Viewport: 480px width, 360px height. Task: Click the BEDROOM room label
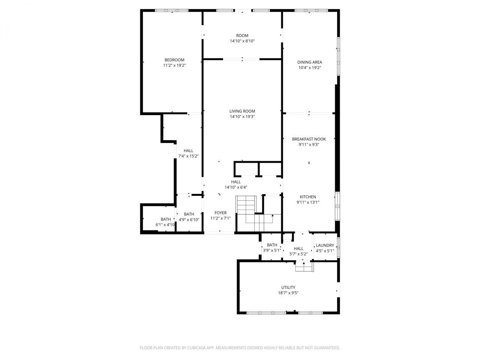tap(174, 60)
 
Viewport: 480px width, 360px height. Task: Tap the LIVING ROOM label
tap(242, 111)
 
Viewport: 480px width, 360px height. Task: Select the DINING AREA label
tap(309, 62)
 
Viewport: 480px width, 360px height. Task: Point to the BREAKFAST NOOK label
tap(309, 139)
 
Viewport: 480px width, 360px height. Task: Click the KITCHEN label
tap(307, 197)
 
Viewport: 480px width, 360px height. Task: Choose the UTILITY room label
tap(288, 287)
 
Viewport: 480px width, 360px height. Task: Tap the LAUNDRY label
tap(325, 245)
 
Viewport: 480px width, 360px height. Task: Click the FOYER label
tap(220, 213)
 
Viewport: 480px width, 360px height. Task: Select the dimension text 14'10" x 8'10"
tap(242, 41)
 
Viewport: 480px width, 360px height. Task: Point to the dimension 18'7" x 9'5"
tap(288, 293)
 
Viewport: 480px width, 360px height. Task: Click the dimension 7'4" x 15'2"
tap(188, 156)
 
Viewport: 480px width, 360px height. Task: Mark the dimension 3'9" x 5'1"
tap(272, 250)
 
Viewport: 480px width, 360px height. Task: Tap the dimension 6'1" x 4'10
tap(165, 225)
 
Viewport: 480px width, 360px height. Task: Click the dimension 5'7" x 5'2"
tap(298, 254)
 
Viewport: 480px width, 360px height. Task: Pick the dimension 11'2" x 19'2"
tap(174, 65)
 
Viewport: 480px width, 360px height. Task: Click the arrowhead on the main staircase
tap(273, 216)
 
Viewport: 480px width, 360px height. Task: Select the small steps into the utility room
tap(304, 267)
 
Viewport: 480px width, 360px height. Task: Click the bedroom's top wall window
tap(172, 10)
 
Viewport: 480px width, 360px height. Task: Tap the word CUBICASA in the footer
tap(196, 348)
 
